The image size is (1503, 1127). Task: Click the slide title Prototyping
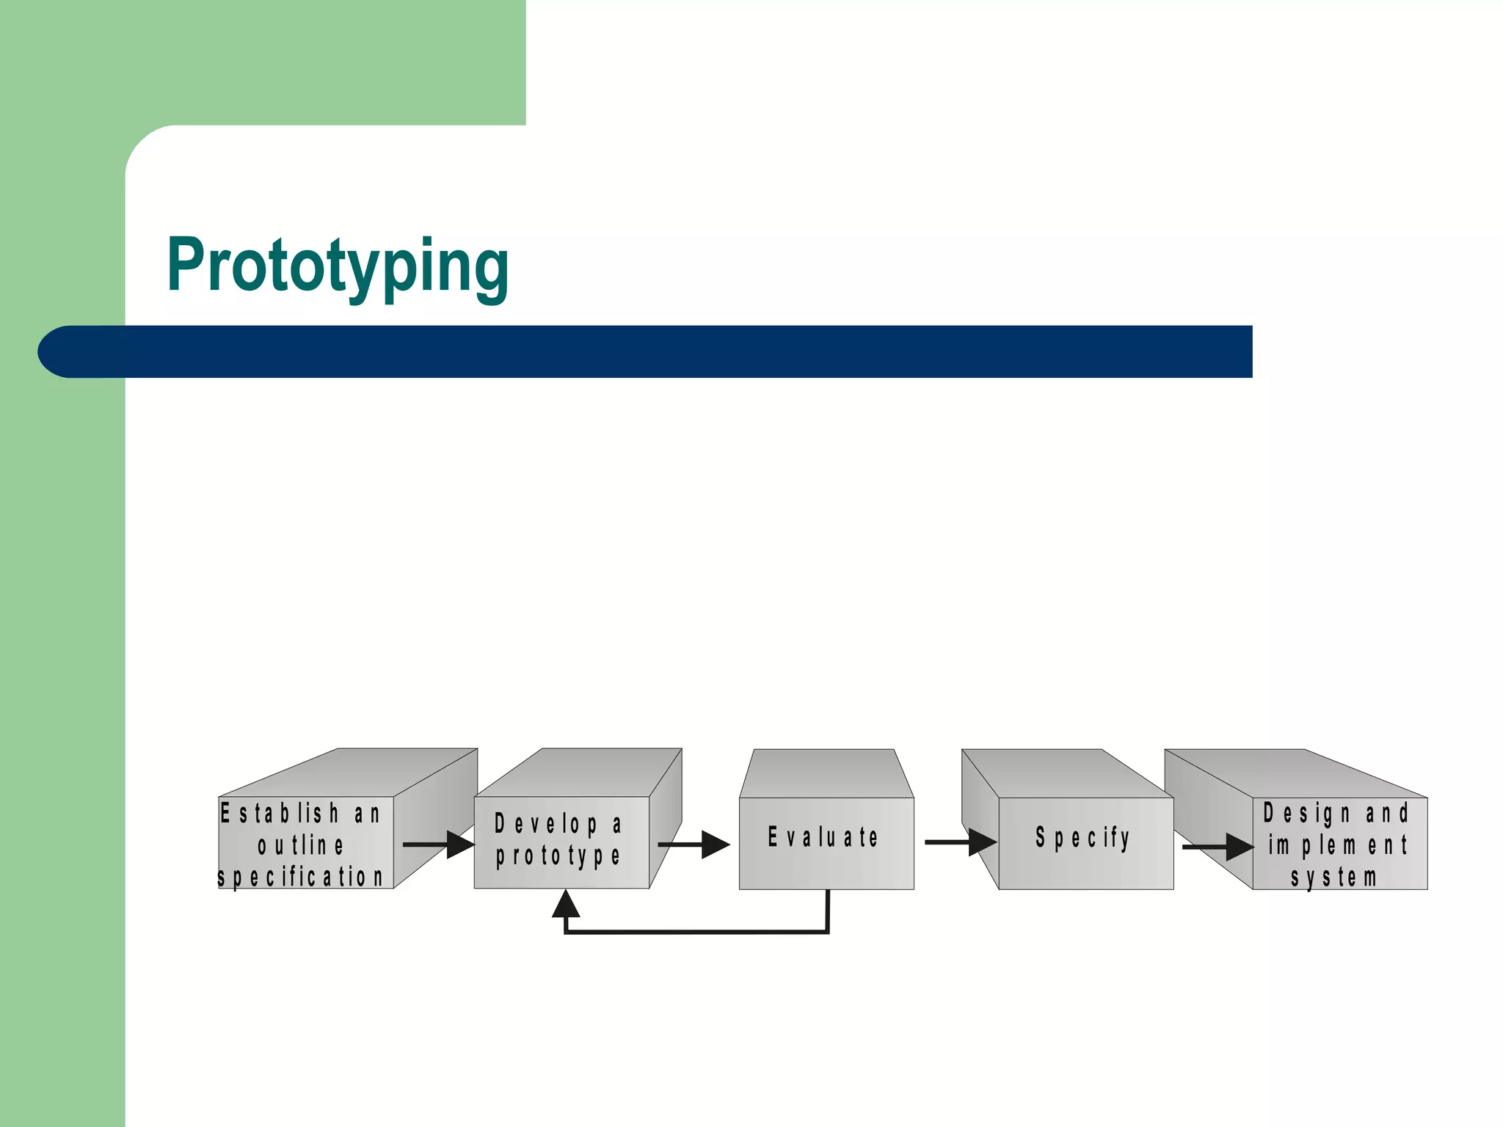[338, 266]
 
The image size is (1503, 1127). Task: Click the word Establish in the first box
[280, 813]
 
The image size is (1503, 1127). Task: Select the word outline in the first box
[300, 845]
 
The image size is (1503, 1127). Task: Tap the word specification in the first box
[300, 877]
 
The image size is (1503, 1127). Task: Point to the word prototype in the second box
[558, 856]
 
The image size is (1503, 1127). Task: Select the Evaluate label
[823, 837]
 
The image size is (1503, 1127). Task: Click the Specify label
[1082, 837]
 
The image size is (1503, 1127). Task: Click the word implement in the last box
[1337, 845]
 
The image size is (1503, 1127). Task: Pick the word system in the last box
[1333, 877]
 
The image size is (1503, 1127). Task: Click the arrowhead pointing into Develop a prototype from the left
[461, 845]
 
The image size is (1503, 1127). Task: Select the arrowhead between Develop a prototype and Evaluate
[715, 845]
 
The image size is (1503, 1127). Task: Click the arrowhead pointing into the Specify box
[982, 842]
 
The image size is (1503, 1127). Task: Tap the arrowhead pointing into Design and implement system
[1240, 847]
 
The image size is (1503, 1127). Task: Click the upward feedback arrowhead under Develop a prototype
[565, 905]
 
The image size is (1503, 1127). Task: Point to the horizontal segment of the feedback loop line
[697, 932]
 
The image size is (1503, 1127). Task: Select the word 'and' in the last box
[1386, 813]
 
